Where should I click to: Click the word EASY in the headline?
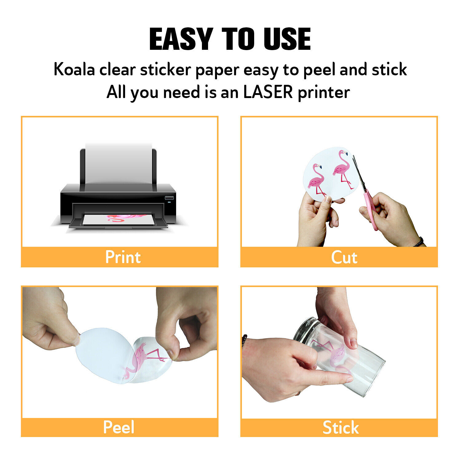click(x=181, y=39)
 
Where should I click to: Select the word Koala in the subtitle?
click(x=74, y=69)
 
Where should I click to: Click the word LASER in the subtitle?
click(x=268, y=92)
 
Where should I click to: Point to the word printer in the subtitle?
click(x=324, y=93)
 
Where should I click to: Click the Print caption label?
click(x=123, y=257)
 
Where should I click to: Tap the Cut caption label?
click(x=344, y=257)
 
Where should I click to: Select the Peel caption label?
click(x=119, y=427)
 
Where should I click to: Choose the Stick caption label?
click(x=341, y=428)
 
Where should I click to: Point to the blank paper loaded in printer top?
click(x=119, y=163)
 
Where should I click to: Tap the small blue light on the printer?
click(x=169, y=202)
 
